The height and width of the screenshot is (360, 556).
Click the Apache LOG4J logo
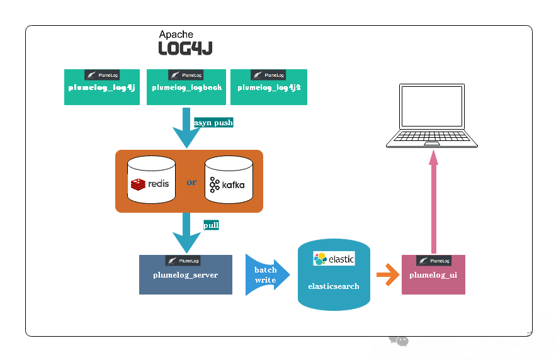coord(184,43)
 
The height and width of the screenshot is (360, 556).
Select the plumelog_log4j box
coord(102,87)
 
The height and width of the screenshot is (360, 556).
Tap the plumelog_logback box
coord(187,87)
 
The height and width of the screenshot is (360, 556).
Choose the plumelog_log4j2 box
coord(269,87)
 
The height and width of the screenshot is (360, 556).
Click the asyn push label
coord(213,123)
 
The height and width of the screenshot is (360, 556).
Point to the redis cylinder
coord(151,181)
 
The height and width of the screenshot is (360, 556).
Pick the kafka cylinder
coord(229,181)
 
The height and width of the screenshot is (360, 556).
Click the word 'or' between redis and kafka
coord(191,183)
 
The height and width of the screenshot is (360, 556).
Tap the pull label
coord(211,225)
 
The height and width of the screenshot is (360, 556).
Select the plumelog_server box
coord(186,275)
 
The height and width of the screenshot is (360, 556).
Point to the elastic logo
coord(334,259)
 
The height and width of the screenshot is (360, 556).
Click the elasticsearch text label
coord(334,286)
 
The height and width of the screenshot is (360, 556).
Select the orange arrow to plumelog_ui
coord(387,274)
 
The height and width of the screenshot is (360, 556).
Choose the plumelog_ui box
coord(433,275)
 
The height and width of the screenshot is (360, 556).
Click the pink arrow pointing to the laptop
coord(433,201)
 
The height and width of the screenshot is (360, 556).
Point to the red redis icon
coord(139,184)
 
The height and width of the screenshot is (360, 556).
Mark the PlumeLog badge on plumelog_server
coord(183,261)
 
